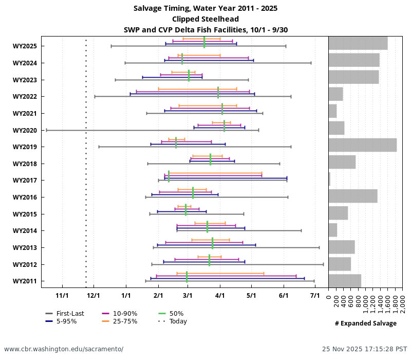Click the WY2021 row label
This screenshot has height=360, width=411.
pyautogui.click(x=25, y=114)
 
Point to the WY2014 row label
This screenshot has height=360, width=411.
pyautogui.click(x=25, y=231)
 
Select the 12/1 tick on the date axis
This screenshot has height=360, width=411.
pyautogui.click(x=94, y=296)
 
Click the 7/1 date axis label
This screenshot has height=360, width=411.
pyautogui.click(x=315, y=296)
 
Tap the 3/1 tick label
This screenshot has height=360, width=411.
pyautogui.click(x=188, y=296)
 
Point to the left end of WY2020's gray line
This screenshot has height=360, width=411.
pyautogui.click(x=46, y=130)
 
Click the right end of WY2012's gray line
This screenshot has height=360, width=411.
pyautogui.click(x=323, y=264)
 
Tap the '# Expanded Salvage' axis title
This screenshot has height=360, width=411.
pyautogui.click(x=365, y=323)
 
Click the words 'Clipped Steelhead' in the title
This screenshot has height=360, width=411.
pyautogui.click(x=205, y=19)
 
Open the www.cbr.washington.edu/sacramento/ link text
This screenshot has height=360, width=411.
pyautogui.click(x=64, y=349)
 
